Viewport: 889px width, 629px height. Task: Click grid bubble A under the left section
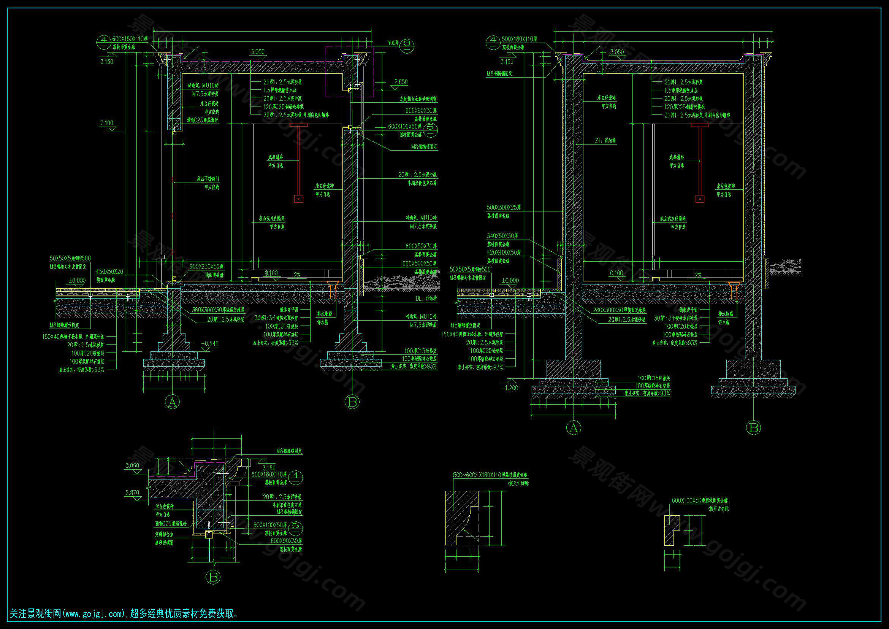pos(172,402)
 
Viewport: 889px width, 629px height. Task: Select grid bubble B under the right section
pos(753,427)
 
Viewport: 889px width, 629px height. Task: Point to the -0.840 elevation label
pos(209,343)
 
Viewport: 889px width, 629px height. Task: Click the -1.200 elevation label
pos(510,388)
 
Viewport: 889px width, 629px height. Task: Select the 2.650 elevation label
pos(401,82)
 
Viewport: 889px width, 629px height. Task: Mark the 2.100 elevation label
pos(107,123)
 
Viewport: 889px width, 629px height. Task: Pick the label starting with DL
pos(426,299)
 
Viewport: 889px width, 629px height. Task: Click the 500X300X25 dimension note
pos(504,208)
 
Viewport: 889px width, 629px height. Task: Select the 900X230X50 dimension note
pos(207,267)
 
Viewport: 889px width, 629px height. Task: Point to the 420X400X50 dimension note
pos(504,253)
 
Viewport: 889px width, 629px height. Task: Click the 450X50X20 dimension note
pos(109,272)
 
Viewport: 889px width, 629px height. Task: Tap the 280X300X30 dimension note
pos(619,310)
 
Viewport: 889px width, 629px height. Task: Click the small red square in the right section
pos(700,199)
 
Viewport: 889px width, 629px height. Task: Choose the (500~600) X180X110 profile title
pos(490,475)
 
